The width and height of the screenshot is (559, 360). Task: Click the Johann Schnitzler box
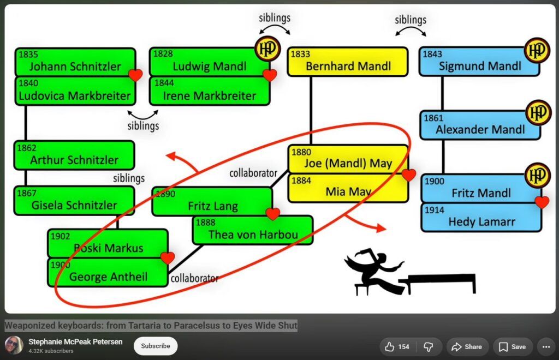click(x=75, y=62)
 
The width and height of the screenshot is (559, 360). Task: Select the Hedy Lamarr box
click(x=481, y=218)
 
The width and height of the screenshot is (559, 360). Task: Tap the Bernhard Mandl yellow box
click(x=348, y=62)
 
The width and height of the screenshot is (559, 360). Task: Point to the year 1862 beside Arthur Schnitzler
click(x=27, y=148)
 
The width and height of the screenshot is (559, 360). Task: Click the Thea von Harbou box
click(x=253, y=230)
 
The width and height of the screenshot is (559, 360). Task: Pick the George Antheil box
click(x=108, y=272)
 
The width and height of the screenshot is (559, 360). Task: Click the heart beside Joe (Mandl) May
click(x=408, y=175)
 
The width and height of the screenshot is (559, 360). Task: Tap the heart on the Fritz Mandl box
click(x=542, y=202)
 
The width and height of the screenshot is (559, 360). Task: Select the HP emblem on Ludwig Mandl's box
click(x=267, y=49)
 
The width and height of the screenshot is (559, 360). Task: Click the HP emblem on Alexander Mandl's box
click(x=538, y=112)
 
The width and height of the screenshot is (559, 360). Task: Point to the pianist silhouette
click(x=410, y=272)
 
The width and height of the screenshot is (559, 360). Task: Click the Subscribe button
click(x=156, y=346)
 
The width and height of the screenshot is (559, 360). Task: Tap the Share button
click(x=467, y=347)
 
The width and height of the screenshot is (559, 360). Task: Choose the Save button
click(x=513, y=347)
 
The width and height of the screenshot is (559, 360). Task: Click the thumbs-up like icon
click(x=389, y=347)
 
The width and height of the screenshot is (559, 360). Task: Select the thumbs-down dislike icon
click(x=428, y=347)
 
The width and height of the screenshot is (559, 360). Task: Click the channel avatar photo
click(x=14, y=345)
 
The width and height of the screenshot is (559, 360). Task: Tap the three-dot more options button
click(x=546, y=347)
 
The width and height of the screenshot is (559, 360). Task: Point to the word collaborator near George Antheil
click(x=194, y=278)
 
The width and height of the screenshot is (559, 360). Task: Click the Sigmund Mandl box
click(x=479, y=62)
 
